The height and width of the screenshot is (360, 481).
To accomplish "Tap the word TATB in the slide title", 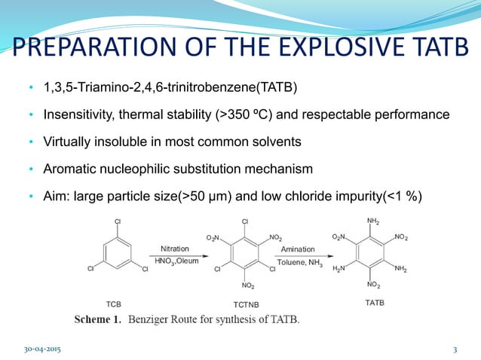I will [435, 50].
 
